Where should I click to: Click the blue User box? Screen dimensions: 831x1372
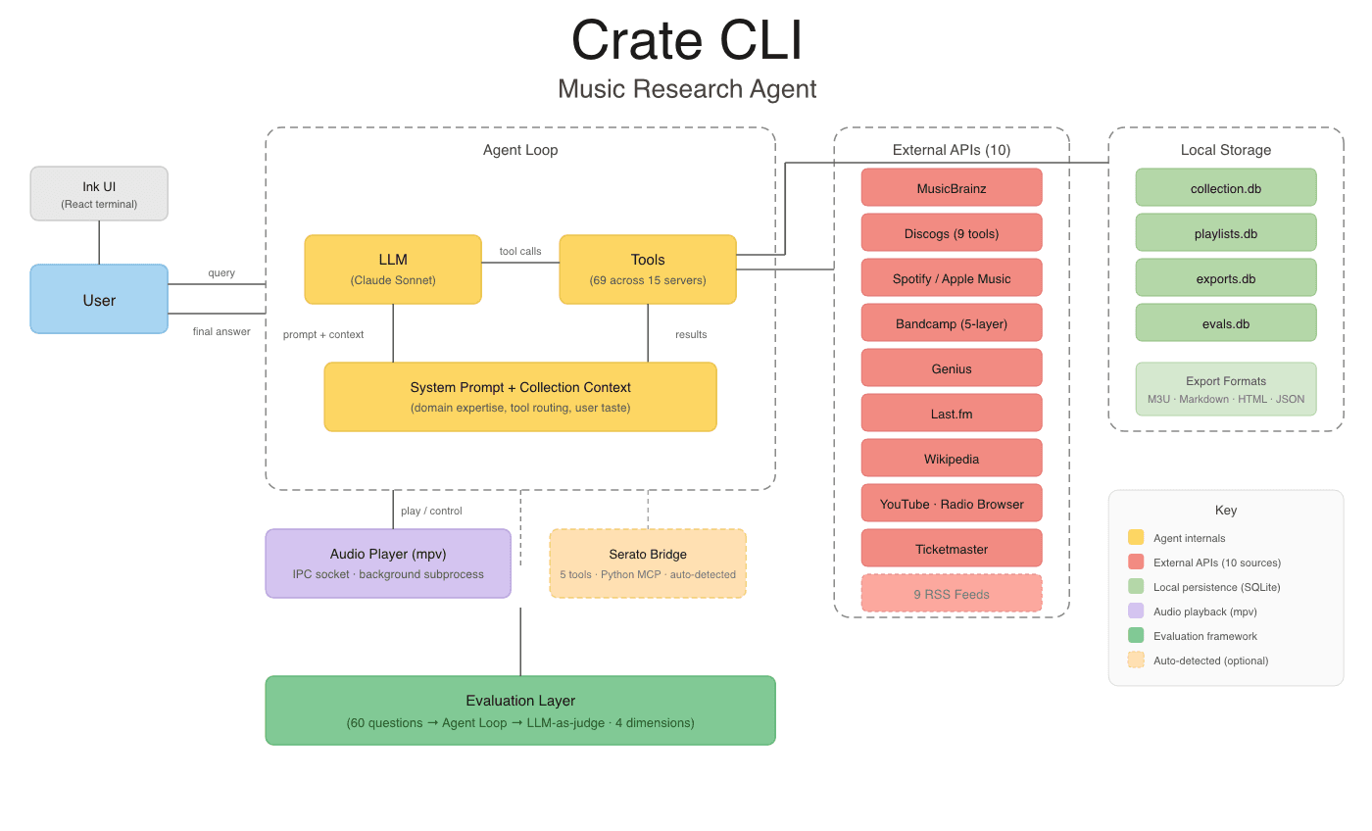point(99,299)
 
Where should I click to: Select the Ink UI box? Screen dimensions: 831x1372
point(99,194)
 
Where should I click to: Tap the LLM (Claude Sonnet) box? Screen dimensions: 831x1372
point(393,269)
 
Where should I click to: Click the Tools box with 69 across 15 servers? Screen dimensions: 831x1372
point(648,269)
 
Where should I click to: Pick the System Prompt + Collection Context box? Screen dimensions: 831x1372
point(520,396)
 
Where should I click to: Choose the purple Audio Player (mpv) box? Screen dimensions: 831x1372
point(388,563)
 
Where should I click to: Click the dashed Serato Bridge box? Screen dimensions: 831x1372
point(648,563)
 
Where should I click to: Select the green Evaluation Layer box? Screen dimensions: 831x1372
point(520,710)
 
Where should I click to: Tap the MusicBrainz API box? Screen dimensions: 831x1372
point(952,187)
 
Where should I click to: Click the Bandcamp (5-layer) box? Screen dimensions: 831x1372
point(952,322)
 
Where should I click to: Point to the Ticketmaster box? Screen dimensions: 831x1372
point(952,548)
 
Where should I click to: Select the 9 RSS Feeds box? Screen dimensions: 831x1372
point(952,593)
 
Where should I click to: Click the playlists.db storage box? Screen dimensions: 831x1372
point(1226,232)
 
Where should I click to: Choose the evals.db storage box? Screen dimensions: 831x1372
point(1226,322)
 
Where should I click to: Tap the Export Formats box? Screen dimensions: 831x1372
point(1226,389)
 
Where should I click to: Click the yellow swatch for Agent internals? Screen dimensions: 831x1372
point(1136,537)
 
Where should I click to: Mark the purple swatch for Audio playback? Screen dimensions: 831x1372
point(1136,611)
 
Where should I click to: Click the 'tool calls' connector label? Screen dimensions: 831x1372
point(520,251)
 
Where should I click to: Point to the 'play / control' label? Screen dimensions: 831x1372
point(431,511)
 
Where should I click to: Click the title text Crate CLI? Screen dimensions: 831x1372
point(686,41)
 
